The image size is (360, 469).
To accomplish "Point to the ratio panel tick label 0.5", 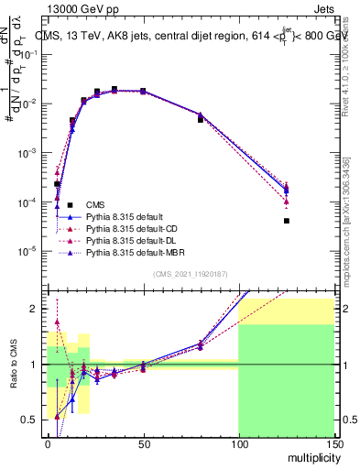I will (x=30, y=420).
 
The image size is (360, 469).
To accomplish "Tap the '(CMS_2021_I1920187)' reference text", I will (x=190, y=273).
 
